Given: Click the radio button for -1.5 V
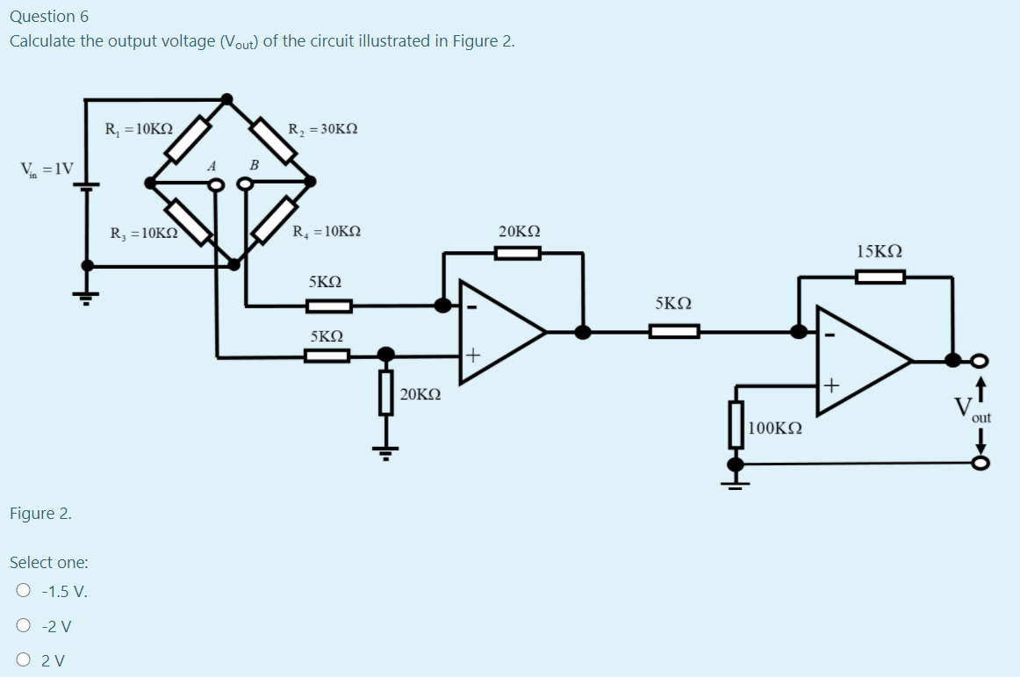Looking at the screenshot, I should click(24, 591).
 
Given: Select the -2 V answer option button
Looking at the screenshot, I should click(24, 626).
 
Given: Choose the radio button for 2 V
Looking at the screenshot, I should click(24, 660).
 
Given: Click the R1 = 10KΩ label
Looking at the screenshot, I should click(138, 129).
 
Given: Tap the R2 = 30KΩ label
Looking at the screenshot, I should click(322, 129).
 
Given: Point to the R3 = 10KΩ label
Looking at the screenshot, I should click(143, 234).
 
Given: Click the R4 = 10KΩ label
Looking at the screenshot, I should click(326, 233).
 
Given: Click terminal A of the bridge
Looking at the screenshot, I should click(215, 184).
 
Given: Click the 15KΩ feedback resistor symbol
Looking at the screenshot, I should click(880, 277).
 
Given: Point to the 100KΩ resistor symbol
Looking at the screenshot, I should click(736, 425).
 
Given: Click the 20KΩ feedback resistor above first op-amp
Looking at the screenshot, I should click(517, 254).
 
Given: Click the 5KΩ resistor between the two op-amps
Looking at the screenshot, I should click(674, 331).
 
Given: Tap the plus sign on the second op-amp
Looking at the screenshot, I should click(830, 385).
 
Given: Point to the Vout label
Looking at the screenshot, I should click(972, 408).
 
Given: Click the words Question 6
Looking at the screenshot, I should click(49, 17).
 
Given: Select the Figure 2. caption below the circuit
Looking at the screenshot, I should click(40, 514).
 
